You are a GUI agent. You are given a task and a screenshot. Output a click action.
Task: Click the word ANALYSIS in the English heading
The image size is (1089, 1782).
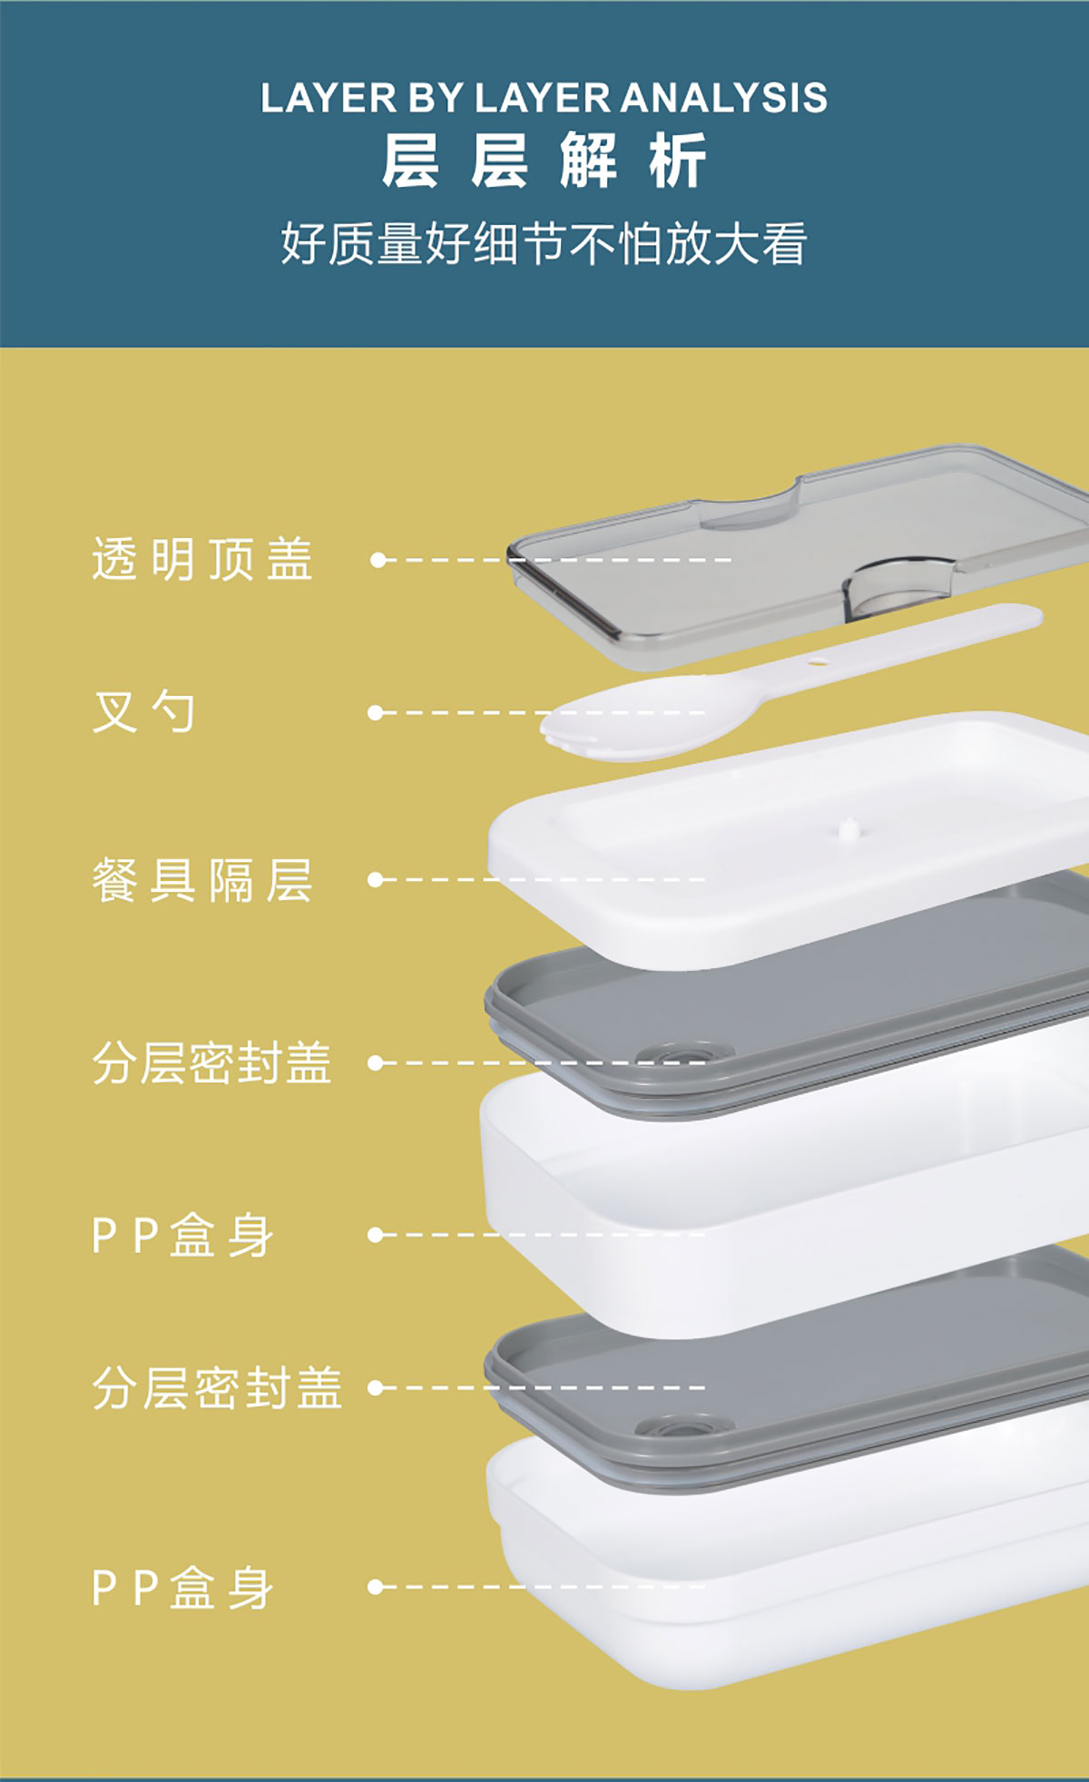724,98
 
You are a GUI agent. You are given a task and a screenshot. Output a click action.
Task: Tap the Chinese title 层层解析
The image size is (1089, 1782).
544,162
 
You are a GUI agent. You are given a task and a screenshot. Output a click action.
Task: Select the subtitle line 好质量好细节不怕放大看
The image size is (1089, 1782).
544,243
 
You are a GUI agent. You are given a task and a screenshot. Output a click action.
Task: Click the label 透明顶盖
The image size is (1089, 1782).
202,559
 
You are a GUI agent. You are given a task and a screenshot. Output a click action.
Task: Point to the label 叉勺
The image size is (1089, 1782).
143,711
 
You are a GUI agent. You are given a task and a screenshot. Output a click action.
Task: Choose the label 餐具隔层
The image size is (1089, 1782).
202,879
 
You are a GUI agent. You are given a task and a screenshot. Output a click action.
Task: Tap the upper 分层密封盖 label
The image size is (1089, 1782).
211,1062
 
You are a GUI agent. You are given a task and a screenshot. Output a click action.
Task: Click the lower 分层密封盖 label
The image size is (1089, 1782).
217,1387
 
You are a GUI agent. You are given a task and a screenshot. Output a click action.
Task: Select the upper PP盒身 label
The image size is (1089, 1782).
182,1235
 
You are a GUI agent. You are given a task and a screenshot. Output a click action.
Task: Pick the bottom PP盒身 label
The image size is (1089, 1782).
182,1587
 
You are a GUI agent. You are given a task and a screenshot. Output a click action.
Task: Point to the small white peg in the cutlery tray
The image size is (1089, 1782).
849,827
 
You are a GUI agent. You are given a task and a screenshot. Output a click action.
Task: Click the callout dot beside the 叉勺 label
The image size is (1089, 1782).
376,713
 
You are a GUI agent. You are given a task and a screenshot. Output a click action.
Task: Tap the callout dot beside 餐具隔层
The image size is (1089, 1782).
376,879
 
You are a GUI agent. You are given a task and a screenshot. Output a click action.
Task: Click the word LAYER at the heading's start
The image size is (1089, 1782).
329,98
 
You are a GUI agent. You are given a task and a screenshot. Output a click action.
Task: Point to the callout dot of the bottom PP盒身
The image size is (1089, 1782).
376,1587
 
